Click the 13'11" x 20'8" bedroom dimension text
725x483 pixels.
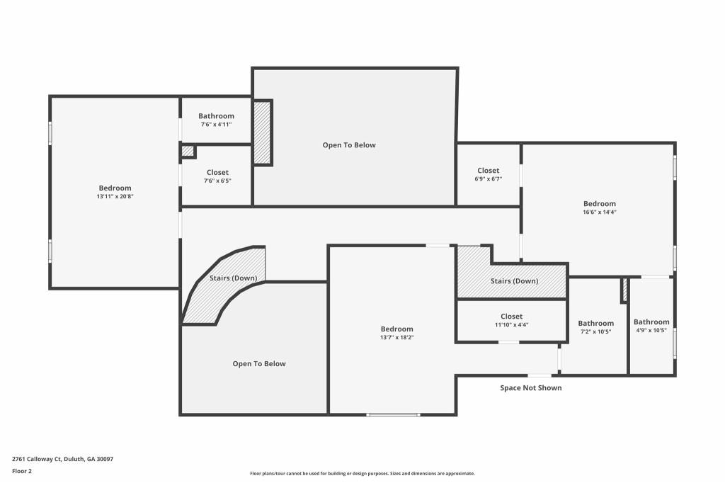coord(114,196)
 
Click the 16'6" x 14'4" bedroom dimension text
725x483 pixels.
coord(599,212)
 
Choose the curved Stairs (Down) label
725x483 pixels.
coord(233,278)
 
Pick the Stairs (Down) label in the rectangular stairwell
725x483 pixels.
coord(514,281)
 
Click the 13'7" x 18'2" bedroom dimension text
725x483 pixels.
coord(396,338)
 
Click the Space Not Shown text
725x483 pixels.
coord(530,388)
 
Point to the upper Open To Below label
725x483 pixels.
coord(349,145)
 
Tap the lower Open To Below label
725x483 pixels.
coord(259,364)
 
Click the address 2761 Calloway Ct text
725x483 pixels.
coord(62,459)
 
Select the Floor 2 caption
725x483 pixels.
coord(22,470)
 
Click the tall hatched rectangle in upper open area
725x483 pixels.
coord(262,132)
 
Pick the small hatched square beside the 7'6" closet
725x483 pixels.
coord(188,152)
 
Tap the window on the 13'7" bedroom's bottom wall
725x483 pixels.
coord(393,414)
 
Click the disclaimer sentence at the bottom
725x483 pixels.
coord(362,474)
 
